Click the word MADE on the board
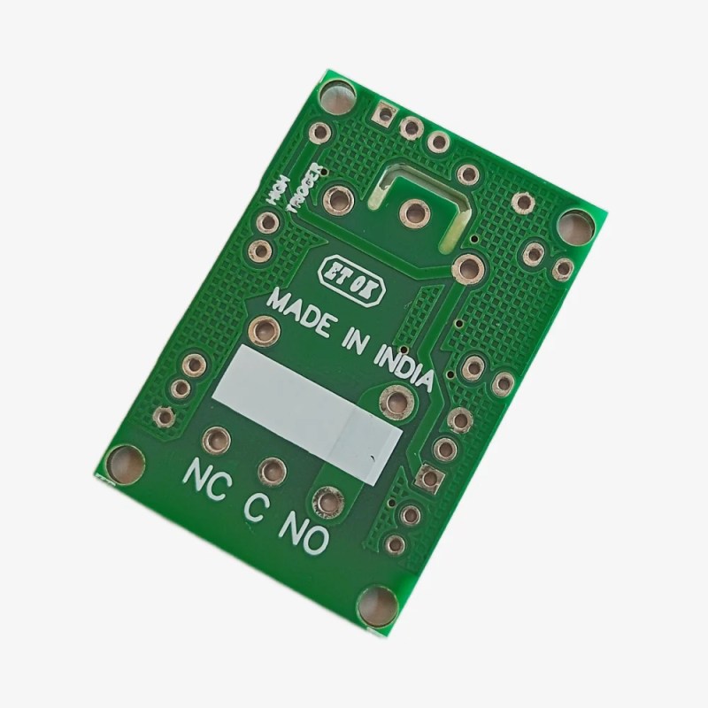click(x=302, y=314)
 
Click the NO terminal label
click(x=303, y=531)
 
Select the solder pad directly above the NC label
click(x=216, y=439)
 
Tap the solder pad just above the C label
click(x=273, y=470)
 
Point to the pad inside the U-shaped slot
click(x=412, y=212)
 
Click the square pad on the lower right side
click(x=430, y=478)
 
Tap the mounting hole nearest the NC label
click(x=123, y=463)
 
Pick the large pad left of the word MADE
click(x=265, y=330)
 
